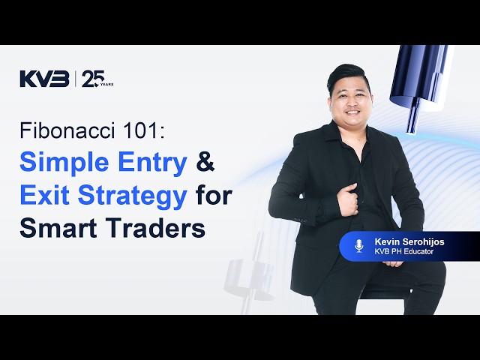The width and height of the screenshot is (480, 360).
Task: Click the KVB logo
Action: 45,79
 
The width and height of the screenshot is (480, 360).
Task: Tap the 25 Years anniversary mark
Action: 97,79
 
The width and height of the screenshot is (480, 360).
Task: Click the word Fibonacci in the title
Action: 68,130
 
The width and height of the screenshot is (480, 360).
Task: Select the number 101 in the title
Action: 146,130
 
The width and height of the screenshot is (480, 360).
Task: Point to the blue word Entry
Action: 151,163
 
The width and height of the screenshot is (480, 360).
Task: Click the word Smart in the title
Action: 61,228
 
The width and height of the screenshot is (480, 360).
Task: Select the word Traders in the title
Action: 157,228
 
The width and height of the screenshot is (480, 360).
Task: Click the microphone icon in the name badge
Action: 358,246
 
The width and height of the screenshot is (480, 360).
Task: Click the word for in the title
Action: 213,196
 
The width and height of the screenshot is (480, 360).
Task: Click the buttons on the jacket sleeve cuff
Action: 300,220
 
